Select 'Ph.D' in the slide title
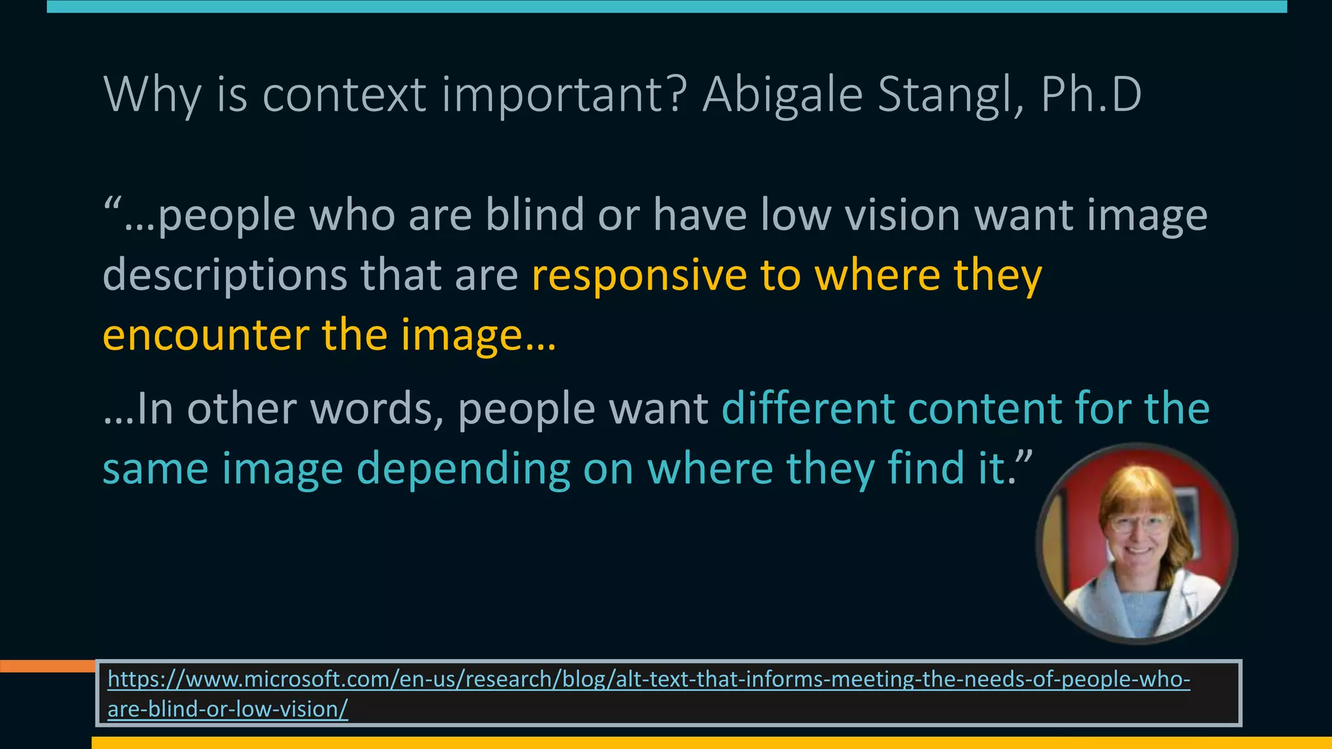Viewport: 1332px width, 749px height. [1091, 95]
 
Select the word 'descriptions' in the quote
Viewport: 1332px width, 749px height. [225, 276]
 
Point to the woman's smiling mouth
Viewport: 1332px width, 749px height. [1139, 551]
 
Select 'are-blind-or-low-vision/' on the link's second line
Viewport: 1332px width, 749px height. [228, 709]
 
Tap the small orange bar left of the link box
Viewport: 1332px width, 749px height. [47, 666]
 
